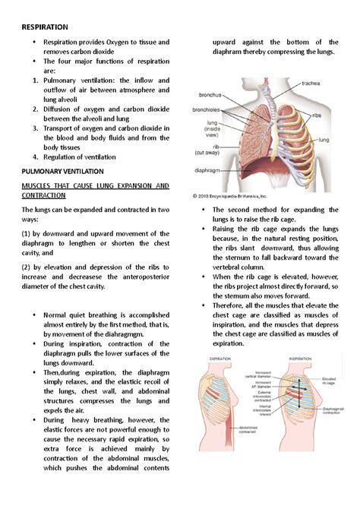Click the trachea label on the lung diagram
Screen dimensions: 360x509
coord(312,84)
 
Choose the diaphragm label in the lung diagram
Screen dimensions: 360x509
coord(210,171)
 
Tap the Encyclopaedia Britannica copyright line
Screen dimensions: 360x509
coord(242,196)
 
